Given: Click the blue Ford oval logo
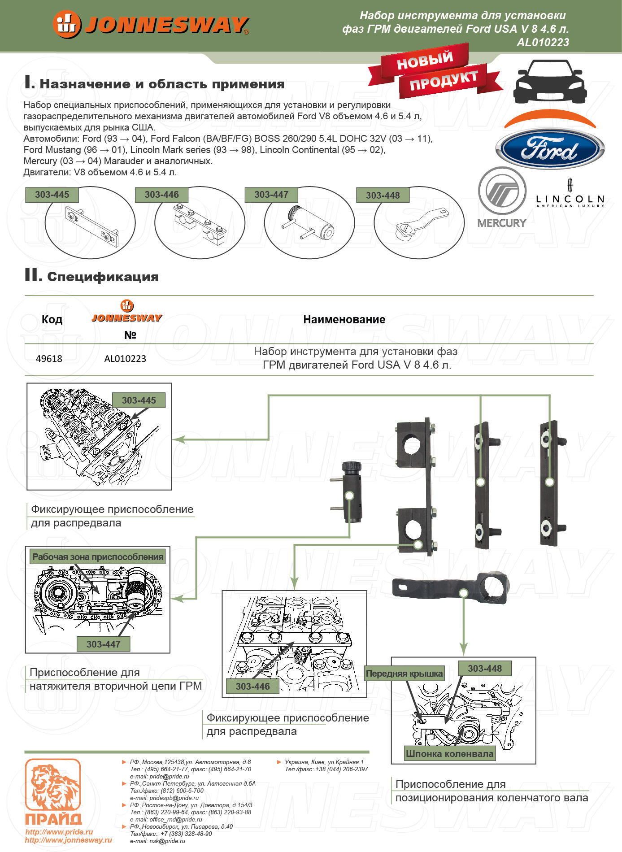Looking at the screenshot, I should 550,149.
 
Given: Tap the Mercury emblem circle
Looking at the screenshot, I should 502,191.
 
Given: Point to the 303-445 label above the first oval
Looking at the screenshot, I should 52,195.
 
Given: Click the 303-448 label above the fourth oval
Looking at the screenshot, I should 383,196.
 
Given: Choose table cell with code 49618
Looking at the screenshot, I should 49,359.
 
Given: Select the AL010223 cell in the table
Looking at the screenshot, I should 125,359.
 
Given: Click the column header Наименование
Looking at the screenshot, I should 344,319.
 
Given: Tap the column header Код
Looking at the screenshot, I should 52,319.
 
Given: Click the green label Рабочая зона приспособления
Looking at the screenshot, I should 98,557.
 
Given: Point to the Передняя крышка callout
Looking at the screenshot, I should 404,674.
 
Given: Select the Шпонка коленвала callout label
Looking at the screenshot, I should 449,754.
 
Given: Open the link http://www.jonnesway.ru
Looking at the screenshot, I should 69,840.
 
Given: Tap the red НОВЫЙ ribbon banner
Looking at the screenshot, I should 424,61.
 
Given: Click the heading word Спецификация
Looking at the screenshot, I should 103,277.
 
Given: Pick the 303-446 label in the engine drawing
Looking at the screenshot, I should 252,686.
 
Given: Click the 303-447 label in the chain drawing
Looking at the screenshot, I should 103,644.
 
